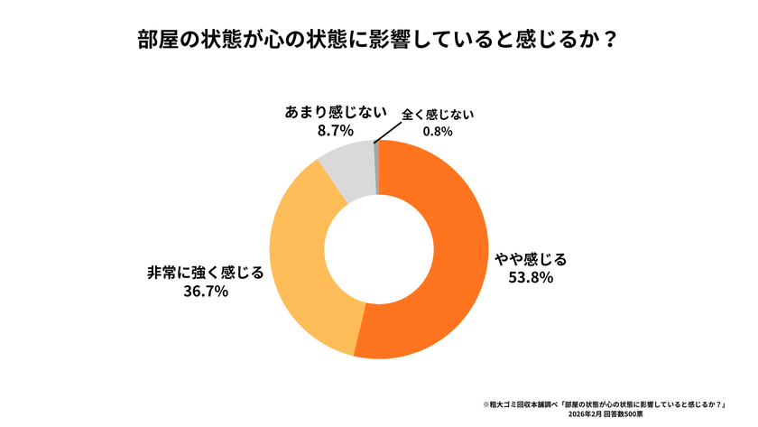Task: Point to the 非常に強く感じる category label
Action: pos(205,272)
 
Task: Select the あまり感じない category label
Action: pos(323,113)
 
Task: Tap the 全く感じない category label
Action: pos(438,115)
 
